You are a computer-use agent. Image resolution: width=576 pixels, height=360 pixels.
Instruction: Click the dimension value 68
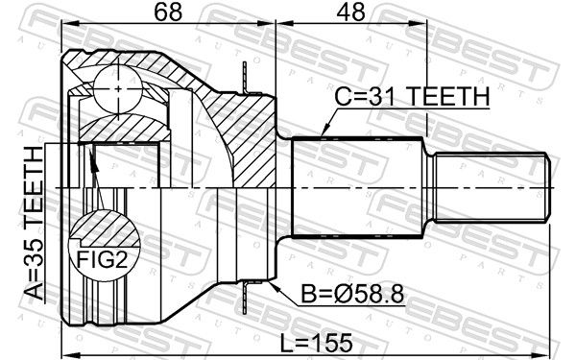pyautogui.click(x=168, y=12)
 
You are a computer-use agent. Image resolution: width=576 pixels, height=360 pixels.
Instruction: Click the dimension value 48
pyautogui.click(x=351, y=12)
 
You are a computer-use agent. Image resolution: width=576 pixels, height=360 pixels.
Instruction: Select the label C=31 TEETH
pyautogui.click(x=412, y=96)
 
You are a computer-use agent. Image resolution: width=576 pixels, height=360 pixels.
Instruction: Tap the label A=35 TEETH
pyautogui.click(x=34, y=223)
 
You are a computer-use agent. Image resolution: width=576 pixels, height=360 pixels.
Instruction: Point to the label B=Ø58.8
pyautogui.click(x=352, y=294)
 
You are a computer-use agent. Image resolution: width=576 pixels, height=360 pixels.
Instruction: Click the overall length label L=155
pyautogui.click(x=316, y=343)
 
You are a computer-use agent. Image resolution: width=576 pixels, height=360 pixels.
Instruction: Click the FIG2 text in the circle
pyautogui.click(x=102, y=260)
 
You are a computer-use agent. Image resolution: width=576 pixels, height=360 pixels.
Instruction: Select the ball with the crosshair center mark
pyautogui.click(x=118, y=89)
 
